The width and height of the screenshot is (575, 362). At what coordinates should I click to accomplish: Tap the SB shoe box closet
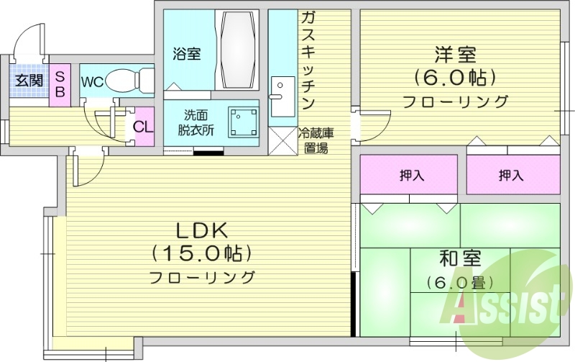coord(60,83)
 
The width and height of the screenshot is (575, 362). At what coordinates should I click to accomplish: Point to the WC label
coord(91,81)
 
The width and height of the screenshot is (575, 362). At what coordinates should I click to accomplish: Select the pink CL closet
coord(143,127)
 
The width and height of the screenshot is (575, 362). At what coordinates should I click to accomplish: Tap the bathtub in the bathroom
coord(239,50)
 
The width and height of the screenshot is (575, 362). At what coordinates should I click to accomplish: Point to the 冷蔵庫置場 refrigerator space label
coord(314,140)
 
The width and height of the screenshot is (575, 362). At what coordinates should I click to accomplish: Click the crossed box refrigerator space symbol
coord(282,140)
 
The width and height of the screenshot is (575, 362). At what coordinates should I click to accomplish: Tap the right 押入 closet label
coord(510,174)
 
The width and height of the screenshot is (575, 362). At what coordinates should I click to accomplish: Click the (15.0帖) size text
coord(202,253)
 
